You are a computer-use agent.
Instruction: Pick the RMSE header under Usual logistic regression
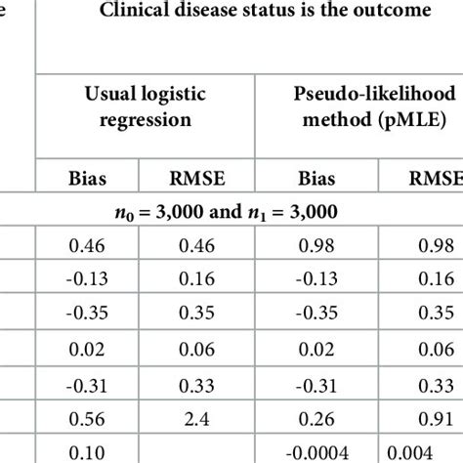(200, 179)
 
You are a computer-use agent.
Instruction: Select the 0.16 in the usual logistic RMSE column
(200, 276)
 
